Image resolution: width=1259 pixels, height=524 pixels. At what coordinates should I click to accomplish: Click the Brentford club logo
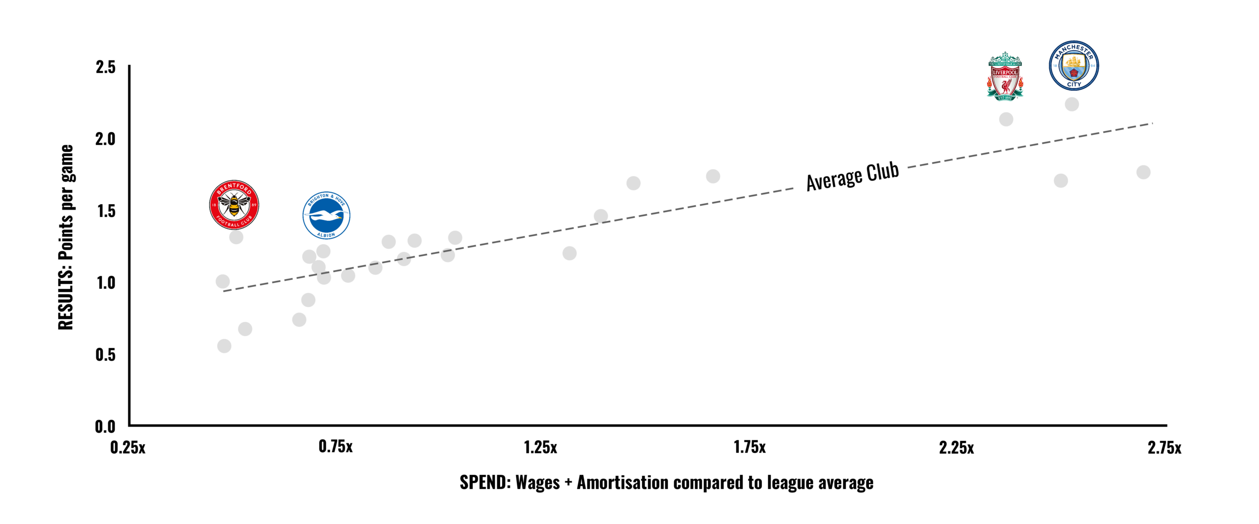click(234, 205)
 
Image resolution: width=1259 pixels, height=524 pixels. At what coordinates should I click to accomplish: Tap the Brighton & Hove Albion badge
click(326, 216)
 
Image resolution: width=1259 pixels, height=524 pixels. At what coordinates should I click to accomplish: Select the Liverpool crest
click(1005, 76)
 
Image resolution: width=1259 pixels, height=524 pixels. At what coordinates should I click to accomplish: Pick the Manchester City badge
click(1074, 65)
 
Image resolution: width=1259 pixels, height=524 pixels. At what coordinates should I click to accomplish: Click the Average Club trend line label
click(852, 176)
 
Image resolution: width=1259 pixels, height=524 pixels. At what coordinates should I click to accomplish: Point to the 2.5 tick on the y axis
click(106, 67)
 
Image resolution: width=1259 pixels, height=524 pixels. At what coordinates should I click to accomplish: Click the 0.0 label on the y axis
click(105, 426)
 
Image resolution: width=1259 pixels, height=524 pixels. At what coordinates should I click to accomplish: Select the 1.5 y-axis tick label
click(106, 211)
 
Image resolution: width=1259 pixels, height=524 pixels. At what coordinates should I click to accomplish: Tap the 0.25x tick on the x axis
click(128, 448)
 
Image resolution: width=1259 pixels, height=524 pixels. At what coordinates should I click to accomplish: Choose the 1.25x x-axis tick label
click(540, 448)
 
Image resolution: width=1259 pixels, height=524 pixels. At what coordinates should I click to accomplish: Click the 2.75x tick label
click(1164, 448)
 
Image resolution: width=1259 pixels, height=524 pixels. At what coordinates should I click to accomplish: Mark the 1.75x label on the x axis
click(749, 447)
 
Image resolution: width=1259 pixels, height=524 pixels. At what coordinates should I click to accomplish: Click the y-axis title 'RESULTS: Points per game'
click(66, 237)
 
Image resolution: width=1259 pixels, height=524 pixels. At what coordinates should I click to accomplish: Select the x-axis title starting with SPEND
click(666, 483)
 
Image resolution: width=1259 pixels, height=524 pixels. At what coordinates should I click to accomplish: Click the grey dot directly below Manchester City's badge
click(1072, 104)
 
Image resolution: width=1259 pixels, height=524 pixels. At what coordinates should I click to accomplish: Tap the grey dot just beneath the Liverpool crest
click(1006, 119)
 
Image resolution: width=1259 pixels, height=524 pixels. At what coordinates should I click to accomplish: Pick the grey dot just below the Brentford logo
click(236, 237)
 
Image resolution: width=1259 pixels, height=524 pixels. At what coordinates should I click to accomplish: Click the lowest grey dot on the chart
click(224, 346)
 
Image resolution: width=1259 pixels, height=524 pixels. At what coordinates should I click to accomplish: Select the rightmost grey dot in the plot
click(1143, 172)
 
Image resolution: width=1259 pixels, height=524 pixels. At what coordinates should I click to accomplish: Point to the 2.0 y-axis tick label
click(106, 139)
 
